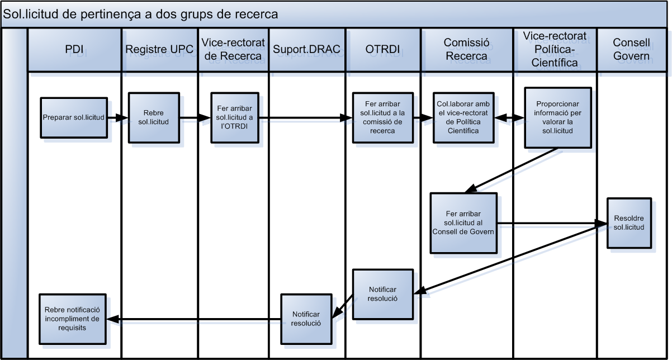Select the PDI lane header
pyautogui.click(x=74, y=49)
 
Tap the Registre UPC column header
pyautogui.click(x=159, y=49)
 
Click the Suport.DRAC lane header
pyautogui.click(x=306, y=49)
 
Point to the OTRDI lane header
pyautogui.click(x=382, y=49)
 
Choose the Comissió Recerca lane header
pyautogui.click(x=466, y=49)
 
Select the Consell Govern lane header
pyautogui.click(x=631, y=49)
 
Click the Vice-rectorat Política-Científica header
pyautogui.click(x=555, y=49)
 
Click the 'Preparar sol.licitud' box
pyautogui.click(x=73, y=117)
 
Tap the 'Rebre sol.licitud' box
pyautogui.click(x=153, y=117)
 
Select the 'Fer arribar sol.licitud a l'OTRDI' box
pyautogui.click(x=234, y=117)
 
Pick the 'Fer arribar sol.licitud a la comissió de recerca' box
pyautogui.click(x=382, y=117)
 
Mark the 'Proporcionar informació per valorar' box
pyautogui.click(x=557, y=117)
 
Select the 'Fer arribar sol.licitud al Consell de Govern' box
pyautogui.click(x=463, y=222)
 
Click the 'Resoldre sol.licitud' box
pyautogui.click(x=629, y=222)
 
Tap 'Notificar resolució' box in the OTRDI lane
pyautogui.click(x=383, y=293)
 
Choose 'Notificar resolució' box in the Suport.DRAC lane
pyautogui.click(x=306, y=319)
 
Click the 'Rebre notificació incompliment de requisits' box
pyautogui.click(x=73, y=319)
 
